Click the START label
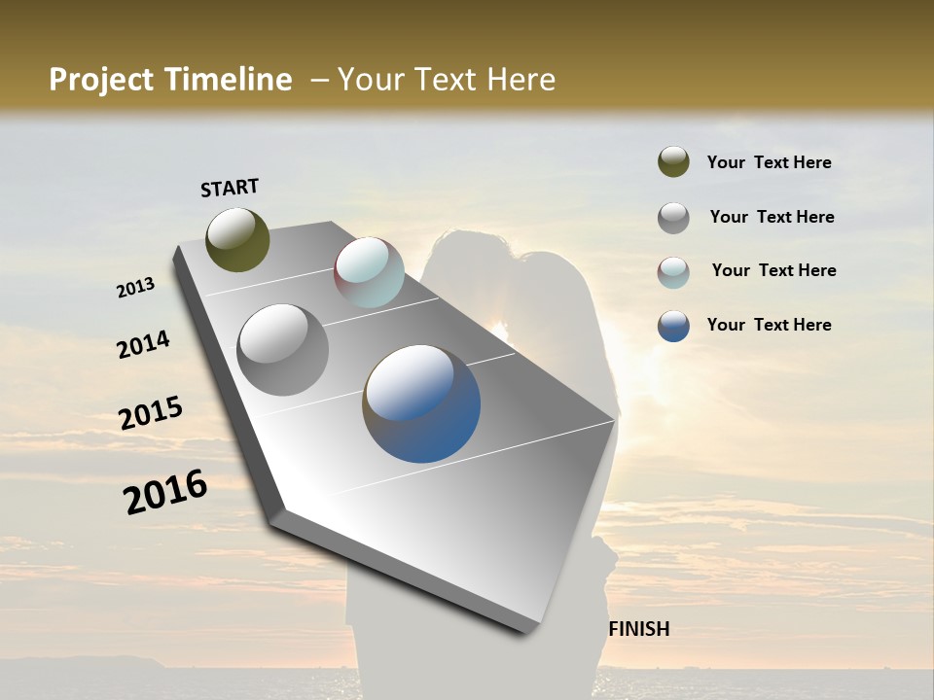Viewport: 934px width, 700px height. click(x=230, y=188)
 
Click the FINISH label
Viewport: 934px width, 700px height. click(x=639, y=629)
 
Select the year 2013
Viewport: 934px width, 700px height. click(x=135, y=288)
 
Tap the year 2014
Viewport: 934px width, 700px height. click(x=143, y=345)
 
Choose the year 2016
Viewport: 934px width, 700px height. click(x=165, y=492)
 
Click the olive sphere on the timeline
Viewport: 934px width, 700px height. click(x=238, y=239)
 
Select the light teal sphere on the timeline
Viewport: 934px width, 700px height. click(x=369, y=272)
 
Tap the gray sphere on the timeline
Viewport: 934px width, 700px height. click(x=282, y=349)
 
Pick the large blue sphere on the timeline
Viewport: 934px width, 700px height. click(x=421, y=403)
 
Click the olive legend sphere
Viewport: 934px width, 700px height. click(x=673, y=162)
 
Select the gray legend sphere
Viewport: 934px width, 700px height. click(x=673, y=218)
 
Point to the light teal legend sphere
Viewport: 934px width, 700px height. click(x=673, y=272)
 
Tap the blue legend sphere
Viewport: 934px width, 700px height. click(x=673, y=326)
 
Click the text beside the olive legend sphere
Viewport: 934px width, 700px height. click(x=769, y=162)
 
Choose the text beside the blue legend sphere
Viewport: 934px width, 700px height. click(x=769, y=325)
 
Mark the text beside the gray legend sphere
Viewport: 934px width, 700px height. click(x=772, y=217)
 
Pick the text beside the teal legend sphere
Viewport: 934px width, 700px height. click(x=773, y=270)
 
